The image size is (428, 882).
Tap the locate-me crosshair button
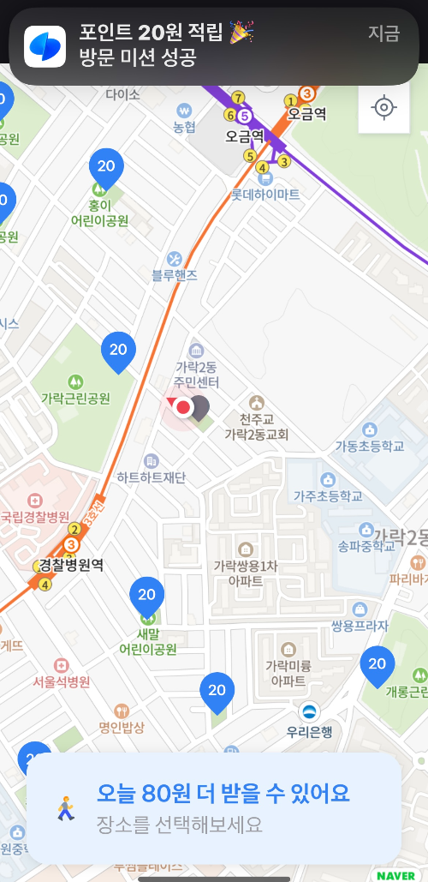click(x=383, y=108)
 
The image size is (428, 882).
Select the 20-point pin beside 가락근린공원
click(x=118, y=351)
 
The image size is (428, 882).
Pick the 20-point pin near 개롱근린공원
click(x=377, y=664)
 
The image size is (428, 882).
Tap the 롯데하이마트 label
click(x=265, y=195)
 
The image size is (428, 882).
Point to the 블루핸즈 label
click(x=175, y=274)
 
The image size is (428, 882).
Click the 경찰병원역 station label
click(x=71, y=565)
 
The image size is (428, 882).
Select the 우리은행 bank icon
click(x=309, y=711)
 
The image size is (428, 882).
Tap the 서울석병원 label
click(x=61, y=682)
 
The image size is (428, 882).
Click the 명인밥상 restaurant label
click(x=121, y=728)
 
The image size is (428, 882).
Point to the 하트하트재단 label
click(x=152, y=477)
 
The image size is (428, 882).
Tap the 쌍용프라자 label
click(x=360, y=626)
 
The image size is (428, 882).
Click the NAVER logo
click(x=395, y=875)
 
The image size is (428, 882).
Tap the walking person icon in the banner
click(x=65, y=808)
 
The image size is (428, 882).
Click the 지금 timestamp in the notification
click(x=383, y=34)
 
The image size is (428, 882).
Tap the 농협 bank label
click(x=184, y=127)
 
